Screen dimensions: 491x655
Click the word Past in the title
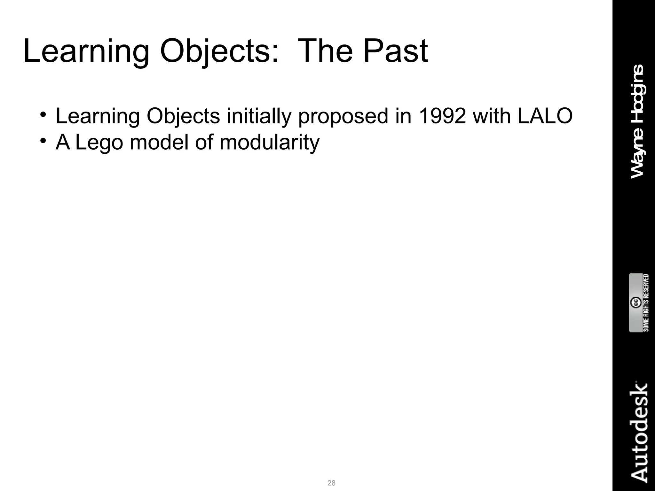point(395,51)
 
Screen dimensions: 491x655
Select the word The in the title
point(325,51)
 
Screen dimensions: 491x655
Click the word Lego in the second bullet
point(99,143)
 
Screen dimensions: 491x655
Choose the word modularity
point(269,143)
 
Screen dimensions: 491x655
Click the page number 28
point(331,483)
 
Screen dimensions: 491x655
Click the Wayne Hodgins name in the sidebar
point(637,121)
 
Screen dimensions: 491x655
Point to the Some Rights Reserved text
point(646,303)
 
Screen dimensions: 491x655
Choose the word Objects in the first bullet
point(183,117)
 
